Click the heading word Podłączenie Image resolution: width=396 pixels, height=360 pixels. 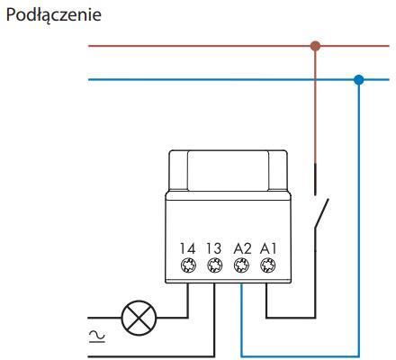[54, 15]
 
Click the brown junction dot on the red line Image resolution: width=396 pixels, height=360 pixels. [315, 46]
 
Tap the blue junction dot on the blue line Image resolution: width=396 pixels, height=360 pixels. [358, 80]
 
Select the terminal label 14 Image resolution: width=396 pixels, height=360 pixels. [188, 248]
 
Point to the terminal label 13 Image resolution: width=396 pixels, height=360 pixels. [214, 248]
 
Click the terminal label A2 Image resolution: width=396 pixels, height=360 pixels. [242, 248]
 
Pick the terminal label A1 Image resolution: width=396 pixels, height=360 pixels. [268, 248]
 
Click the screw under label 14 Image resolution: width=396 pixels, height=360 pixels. [189, 265]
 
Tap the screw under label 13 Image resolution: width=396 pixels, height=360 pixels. [215, 265]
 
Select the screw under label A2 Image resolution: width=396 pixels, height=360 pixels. [241, 265]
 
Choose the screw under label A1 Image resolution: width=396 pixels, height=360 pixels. [267, 265]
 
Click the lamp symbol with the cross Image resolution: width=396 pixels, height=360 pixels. [139, 318]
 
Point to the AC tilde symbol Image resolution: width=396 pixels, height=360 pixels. [97, 336]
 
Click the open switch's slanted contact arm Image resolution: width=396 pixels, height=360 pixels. [321, 213]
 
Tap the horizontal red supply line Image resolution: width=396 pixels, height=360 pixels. [238, 46]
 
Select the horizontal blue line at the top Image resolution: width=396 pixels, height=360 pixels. [238, 80]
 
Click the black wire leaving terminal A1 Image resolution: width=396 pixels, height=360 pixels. [291, 317]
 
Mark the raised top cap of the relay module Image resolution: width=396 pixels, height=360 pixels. [228, 170]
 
